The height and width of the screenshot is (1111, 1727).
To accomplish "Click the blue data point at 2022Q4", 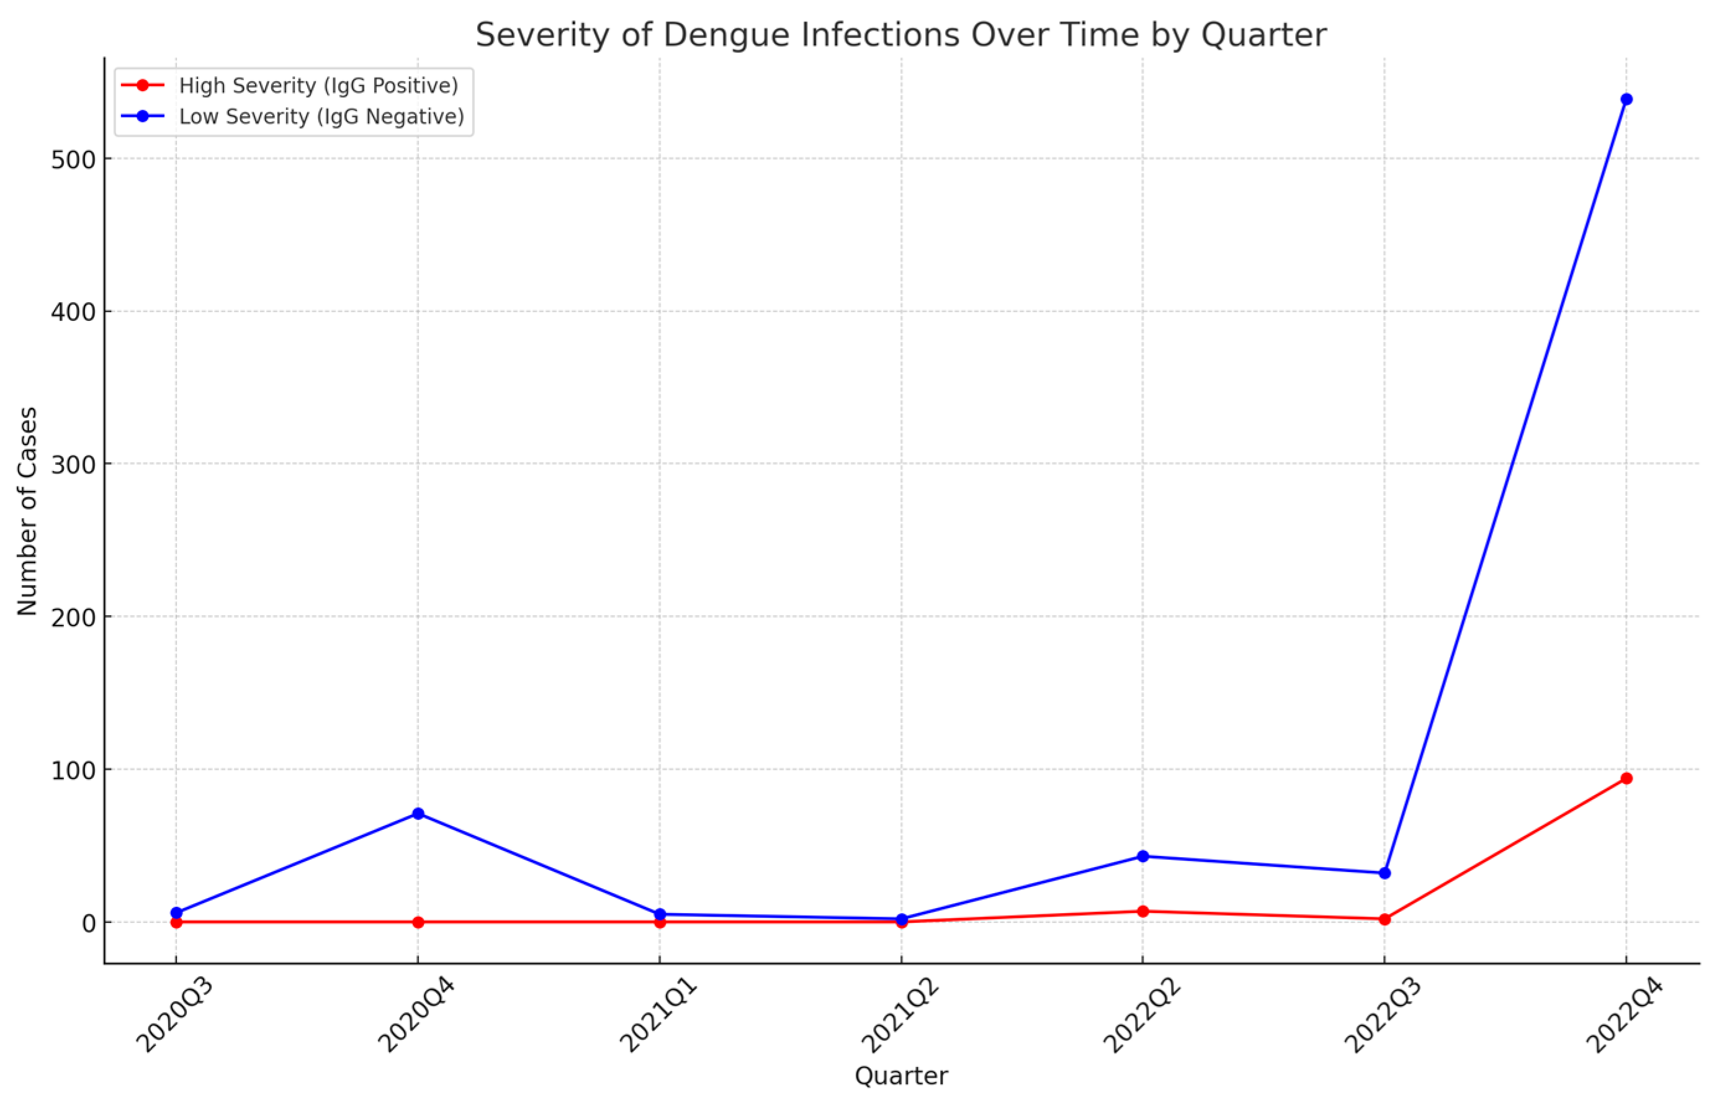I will pyautogui.click(x=1626, y=99).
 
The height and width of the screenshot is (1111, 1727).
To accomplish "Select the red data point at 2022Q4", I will pyautogui.click(x=1626, y=778).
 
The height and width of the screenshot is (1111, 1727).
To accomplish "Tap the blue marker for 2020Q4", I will pyautogui.click(x=418, y=814).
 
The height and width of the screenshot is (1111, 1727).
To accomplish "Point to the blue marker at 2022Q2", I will pyautogui.click(x=1143, y=857).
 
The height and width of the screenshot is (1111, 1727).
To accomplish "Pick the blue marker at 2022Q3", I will pyautogui.click(x=1384, y=873).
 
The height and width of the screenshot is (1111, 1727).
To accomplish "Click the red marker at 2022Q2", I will pyautogui.click(x=1143, y=911).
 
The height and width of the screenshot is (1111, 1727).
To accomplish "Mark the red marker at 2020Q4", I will pyautogui.click(x=418, y=922).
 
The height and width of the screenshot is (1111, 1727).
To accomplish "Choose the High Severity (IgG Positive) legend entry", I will pyautogui.click(x=318, y=86).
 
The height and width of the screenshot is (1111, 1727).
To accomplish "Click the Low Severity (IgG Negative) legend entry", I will pyautogui.click(x=321, y=117).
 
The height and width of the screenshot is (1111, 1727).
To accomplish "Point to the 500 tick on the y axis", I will pyautogui.click(x=74, y=160).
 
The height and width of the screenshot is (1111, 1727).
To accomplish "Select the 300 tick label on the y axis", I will pyautogui.click(x=74, y=466).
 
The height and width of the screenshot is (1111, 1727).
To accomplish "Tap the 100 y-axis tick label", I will pyautogui.click(x=74, y=770).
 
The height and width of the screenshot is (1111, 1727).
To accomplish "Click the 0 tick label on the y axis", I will pyautogui.click(x=89, y=924).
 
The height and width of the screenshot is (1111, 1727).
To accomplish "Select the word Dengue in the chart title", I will pyautogui.click(x=727, y=35).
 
